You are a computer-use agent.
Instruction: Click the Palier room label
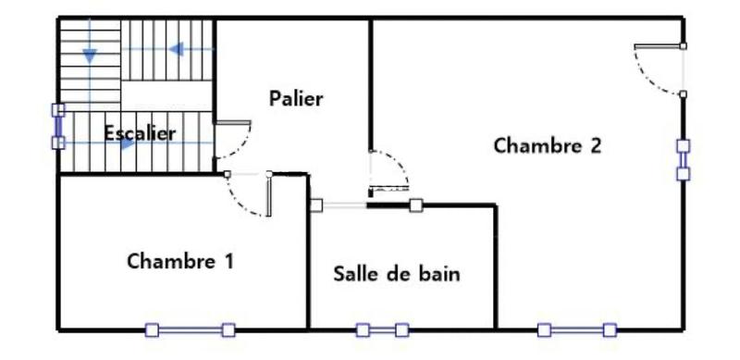pyautogui.click(x=296, y=98)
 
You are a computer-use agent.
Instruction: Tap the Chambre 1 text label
pyautogui.click(x=179, y=260)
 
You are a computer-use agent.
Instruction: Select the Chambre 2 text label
pyautogui.click(x=548, y=146)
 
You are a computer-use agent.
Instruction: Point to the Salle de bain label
pyautogui.click(x=397, y=274)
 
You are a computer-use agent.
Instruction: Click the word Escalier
pyautogui.click(x=140, y=133)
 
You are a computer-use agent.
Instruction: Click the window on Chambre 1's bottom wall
pyautogui.click(x=191, y=329)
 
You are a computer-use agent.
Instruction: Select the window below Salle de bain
pyautogui.click(x=382, y=329)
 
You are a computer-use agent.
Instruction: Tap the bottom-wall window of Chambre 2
pyautogui.click(x=576, y=329)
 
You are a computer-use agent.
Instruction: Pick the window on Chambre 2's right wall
pyautogui.click(x=683, y=159)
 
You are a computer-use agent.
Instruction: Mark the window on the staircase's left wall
pyautogui.click(x=58, y=126)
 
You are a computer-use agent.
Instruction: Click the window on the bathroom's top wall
pyautogui.click(x=364, y=205)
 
